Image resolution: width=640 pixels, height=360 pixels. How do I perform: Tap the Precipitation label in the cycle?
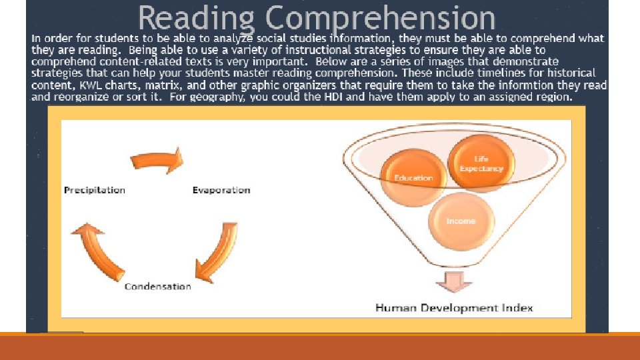coord(95,190)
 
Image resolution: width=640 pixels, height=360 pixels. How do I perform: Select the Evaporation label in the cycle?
coord(221,190)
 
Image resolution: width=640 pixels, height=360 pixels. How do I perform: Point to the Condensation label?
coord(158,287)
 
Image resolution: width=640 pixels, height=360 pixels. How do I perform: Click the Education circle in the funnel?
coord(413,177)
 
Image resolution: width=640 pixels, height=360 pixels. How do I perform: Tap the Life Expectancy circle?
coord(481,163)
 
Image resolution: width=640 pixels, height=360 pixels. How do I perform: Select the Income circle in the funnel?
coord(461,221)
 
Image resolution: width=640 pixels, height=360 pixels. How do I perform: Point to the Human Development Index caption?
coord(455,308)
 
